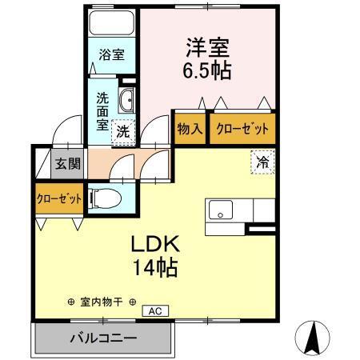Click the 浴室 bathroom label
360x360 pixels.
(110, 55)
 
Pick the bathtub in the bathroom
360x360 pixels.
(110, 22)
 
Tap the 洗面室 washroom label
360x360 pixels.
(104, 113)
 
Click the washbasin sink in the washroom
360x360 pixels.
(126, 101)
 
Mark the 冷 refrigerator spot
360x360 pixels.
(261, 162)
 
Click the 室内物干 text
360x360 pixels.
(102, 302)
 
